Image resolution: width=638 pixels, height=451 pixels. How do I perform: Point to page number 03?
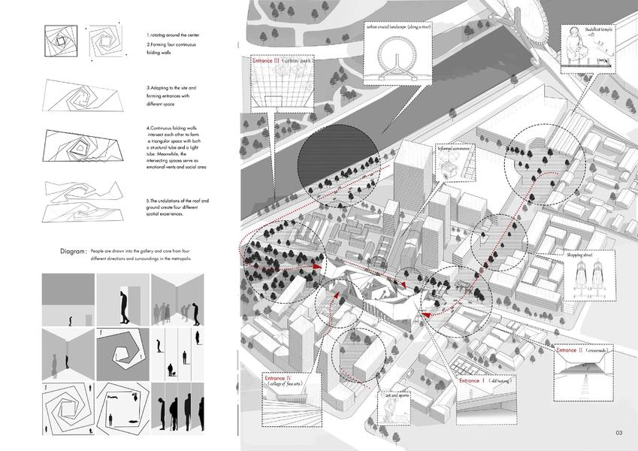coord(619,433)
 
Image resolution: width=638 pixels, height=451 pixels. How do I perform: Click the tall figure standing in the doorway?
coord(121,306)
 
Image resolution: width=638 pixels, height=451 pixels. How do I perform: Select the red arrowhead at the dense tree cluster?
coord(318,266)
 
